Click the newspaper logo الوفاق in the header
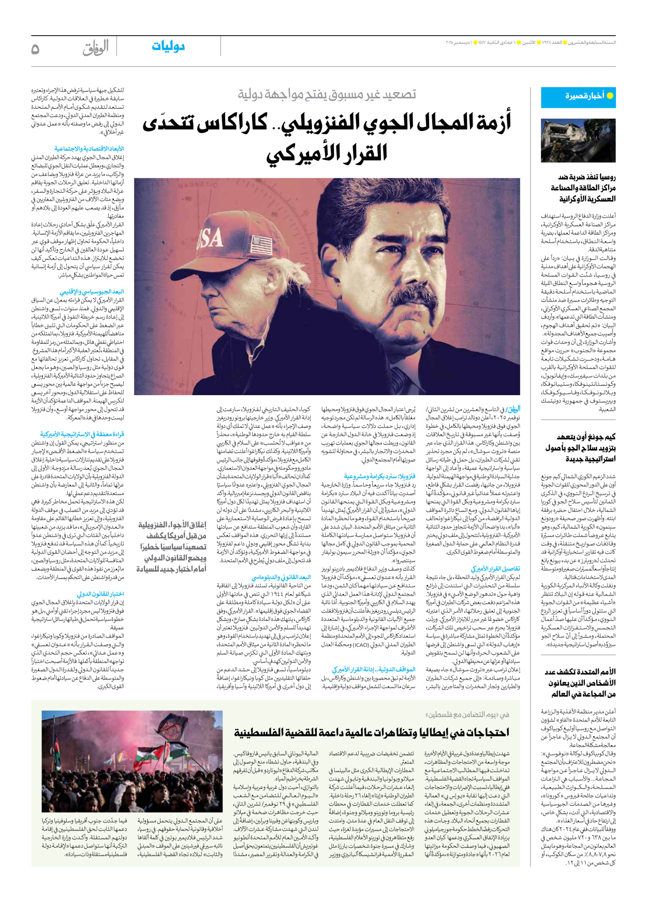pyautogui.click(x=96, y=48)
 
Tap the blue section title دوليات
pyautogui.click(x=168, y=47)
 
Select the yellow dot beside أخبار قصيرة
pyautogui.click(x=610, y=96)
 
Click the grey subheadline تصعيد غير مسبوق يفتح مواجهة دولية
pyautogui.click(x=327, y=94)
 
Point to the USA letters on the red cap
pyautogui.click(x=208, y=238)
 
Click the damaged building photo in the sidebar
pyautogui.click(x=578, y=140)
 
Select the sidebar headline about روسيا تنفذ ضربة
pyautogui.click(x=582, y=188)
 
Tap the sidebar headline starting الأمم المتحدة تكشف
pyautogui.click(x=580, y=683)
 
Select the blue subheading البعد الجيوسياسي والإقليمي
pyautogui.click(x=92, y=292)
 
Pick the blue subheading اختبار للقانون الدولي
pyautogui.click(x=100, y=594)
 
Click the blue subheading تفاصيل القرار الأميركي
pyautogui.click(x=495, y=568)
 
